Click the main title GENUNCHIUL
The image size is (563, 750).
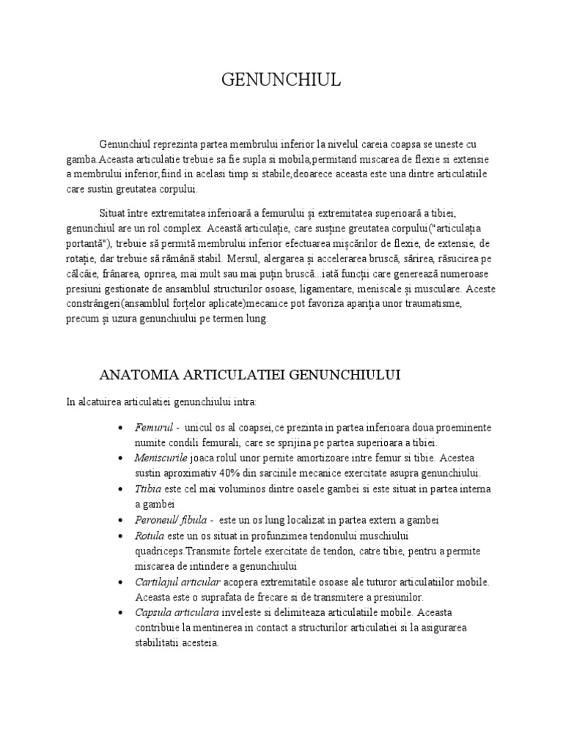[281, 81]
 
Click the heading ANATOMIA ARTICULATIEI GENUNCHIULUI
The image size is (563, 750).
[249, 375]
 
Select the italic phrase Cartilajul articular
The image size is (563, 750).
[177, 582]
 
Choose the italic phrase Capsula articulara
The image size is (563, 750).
[176, 613]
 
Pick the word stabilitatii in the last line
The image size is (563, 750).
[157, 644]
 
